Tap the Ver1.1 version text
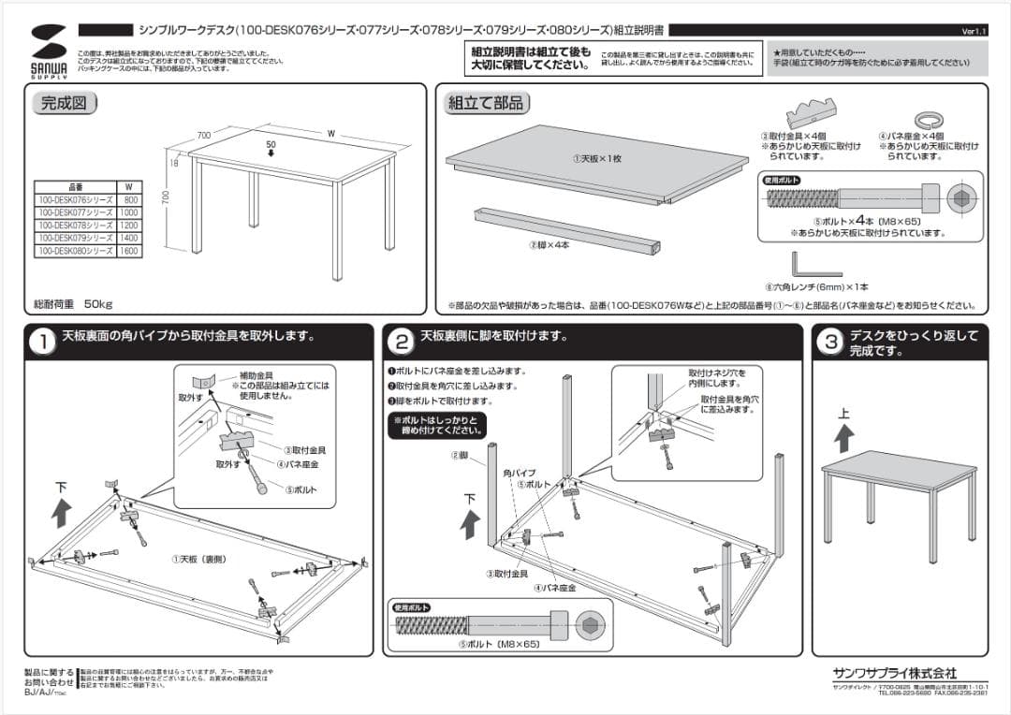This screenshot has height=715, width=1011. (x=974, y=31)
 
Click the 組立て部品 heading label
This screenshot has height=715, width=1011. (x=485, y=104)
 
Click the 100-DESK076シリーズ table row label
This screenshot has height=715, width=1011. (x=75, y=200)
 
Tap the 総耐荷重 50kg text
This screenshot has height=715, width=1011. (x=73, y=304)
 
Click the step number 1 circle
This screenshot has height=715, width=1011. (x=41, y=343)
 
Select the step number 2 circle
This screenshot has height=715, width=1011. (x=401, y=343)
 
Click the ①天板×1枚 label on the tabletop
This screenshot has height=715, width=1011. (x=597, y=158)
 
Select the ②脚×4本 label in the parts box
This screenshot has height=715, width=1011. (x=548, y=244)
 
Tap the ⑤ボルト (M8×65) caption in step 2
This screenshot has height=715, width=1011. (x=500, y=645)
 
